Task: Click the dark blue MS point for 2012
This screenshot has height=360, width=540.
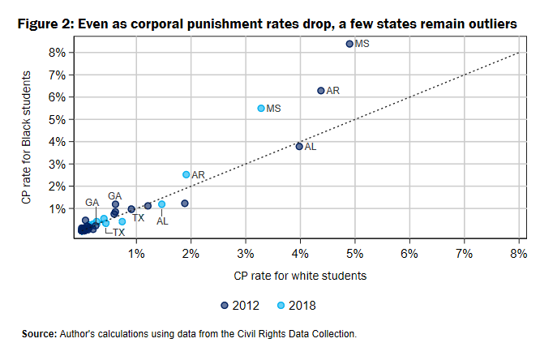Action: pyautogui.click(x=349, y=44)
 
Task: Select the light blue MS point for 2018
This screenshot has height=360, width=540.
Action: pyautogui.click(x=261, y=108)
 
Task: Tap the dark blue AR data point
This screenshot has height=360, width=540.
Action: pyautogui.click(x=320, y=91)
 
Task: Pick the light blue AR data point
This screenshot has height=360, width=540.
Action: pyautogui.click(x=186, y=174)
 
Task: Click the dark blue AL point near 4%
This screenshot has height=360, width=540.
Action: pyautogui.click(x=299, y=147)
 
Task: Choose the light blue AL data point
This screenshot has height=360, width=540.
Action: pyautogui.click(x=161, y=204)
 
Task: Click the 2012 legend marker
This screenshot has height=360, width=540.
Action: pyautogui.click(x=225, y=306)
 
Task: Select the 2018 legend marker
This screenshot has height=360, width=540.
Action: pyautogui.click(x=280, y=306)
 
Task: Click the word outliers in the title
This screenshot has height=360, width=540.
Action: pyautogui.click(x=491, y=25)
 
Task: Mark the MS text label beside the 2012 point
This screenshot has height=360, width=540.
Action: pyautogui.click(x=362, y=43)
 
